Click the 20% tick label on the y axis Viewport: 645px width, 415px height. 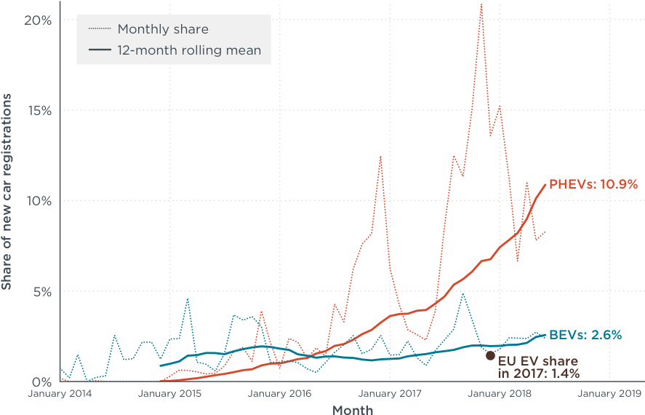37,20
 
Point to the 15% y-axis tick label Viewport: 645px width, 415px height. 37,111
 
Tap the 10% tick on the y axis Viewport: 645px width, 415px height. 37,201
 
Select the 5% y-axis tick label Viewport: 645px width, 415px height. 41,291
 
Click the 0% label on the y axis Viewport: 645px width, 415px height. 41,382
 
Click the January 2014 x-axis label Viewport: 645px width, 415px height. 60,395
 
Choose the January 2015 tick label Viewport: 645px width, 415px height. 170,395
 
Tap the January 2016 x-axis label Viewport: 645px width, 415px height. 280,395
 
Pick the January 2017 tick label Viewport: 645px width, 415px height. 390,395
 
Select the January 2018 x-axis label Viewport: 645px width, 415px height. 500,395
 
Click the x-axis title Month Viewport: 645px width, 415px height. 353,410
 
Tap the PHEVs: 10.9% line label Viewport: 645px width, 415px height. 593,184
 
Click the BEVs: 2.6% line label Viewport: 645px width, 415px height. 585,335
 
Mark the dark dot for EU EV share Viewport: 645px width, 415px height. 490,355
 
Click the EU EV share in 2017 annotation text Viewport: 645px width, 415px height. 538,368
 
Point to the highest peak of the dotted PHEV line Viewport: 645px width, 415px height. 481,4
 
